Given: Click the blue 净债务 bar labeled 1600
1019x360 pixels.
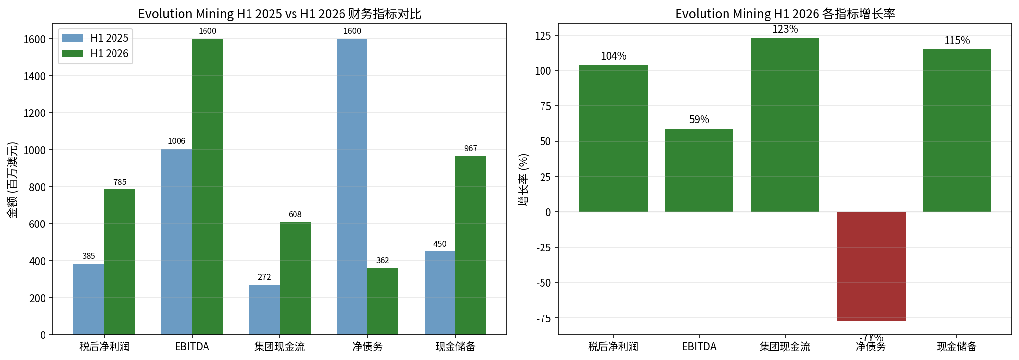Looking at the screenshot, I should [x=352, y=186].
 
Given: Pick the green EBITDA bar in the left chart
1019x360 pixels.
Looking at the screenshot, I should [x=207, y=186].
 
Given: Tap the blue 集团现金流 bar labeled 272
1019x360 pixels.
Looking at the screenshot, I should [x=264, y=310].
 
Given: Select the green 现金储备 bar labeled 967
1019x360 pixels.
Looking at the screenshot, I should [x=471, y=245].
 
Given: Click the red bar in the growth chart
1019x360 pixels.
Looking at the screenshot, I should [x=871, y=266].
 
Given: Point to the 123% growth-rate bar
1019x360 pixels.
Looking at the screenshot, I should [x=785, y=125].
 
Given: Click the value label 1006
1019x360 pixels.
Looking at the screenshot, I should [x=177, y=141].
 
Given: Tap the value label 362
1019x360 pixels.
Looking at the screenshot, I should [x=383, y=261].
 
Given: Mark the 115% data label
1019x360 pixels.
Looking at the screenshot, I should [x=957, y=41].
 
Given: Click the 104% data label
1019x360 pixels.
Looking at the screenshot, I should [x=613, y=56].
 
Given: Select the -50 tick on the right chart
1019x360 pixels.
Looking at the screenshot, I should [x=543, y=283].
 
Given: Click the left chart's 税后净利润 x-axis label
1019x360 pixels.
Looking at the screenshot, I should [x=104, y=347].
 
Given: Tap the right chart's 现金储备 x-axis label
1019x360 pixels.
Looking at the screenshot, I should [x=957, y=347].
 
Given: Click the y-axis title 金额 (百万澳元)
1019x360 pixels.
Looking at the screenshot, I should [x=12, y=180].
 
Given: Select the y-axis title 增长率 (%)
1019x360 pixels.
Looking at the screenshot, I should [x=523, y=180].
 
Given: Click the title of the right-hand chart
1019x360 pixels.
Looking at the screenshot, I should [x=785, y=14].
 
